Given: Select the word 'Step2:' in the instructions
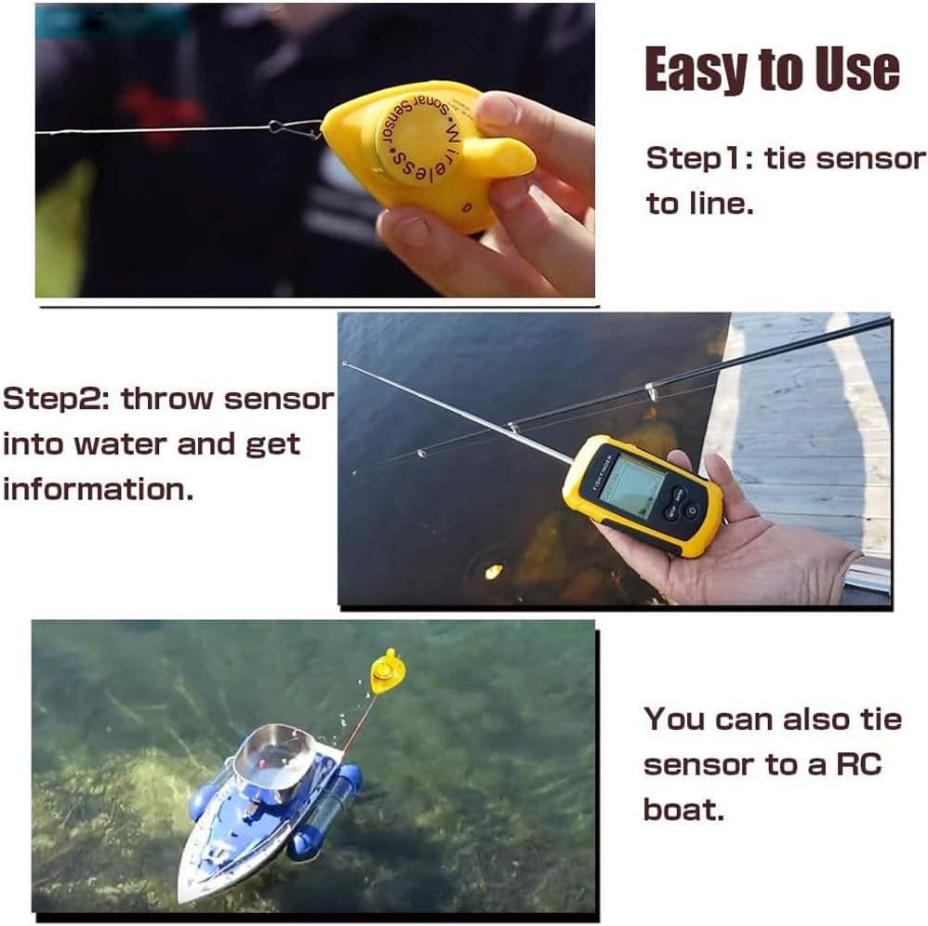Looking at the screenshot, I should (57, 399).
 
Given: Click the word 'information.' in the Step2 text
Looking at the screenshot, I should (98, 488).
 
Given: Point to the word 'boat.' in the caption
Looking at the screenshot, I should (683, 809).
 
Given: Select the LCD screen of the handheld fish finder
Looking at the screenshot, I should (631, 483).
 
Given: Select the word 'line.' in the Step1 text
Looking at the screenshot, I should (699, 204).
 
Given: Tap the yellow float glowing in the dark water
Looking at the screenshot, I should (493, 571).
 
